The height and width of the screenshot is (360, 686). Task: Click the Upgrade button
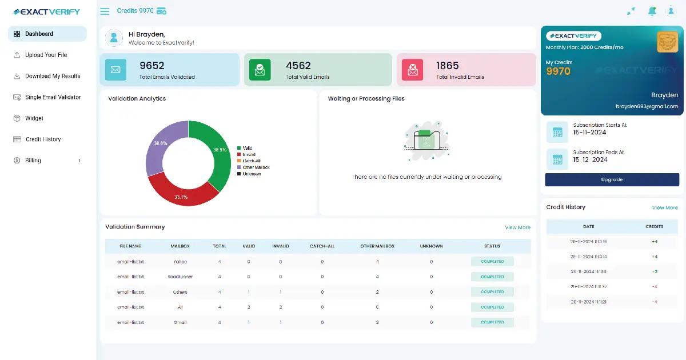(612, 179)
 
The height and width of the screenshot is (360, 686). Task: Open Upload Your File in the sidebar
(46, 55)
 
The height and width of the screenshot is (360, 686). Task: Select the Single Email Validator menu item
(53, 97)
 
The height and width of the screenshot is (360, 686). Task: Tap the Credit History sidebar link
(43, 139)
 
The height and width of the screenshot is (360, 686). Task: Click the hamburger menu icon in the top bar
(105, 11)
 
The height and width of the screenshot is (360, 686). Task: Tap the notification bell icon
(652, 11)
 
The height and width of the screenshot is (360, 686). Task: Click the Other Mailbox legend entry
(256, 167)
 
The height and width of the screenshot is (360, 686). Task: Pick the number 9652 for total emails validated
(152, 66)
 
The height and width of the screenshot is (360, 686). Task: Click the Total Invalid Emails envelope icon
(412, 70)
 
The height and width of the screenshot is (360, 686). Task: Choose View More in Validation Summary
(517, 227)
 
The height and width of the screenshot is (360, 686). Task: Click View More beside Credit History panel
(665, 207)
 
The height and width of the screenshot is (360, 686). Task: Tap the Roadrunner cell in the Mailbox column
(180, 277)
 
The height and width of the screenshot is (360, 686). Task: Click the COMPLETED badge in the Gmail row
(492, 322)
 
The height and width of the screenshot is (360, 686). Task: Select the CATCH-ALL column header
(322, 246)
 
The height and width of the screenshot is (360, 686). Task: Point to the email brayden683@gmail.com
(647, 106)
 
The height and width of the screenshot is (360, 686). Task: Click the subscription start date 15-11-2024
(589, 132)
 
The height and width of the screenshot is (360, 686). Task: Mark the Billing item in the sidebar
(33, 161)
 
